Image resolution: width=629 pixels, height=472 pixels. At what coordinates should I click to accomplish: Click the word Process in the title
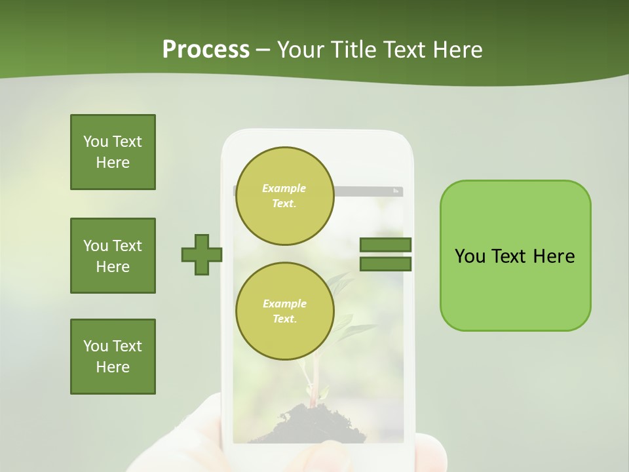[206, 50]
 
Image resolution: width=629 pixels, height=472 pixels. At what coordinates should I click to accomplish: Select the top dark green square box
[113, 152]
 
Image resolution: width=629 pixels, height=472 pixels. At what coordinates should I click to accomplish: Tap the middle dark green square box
[113, 256]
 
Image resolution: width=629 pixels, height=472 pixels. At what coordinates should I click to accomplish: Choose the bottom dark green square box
[113, 357]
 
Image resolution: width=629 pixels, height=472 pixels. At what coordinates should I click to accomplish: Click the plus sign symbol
[201, 254]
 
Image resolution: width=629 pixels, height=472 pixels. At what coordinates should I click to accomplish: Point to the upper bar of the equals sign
[385, 245]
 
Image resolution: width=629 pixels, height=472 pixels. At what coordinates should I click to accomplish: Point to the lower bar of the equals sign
[385, 264]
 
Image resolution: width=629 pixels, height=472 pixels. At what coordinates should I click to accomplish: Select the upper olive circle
[284, 195]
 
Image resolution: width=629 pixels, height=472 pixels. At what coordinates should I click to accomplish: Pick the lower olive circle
[284, 311]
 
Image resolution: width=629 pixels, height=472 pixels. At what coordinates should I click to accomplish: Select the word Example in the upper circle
[284, 188]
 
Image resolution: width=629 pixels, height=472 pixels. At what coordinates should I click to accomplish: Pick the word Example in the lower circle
[284, 304]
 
